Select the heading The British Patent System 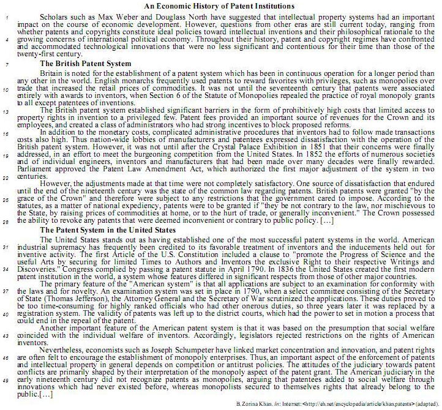[85, 64]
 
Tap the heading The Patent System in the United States [108, 229]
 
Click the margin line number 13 [4, 111]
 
